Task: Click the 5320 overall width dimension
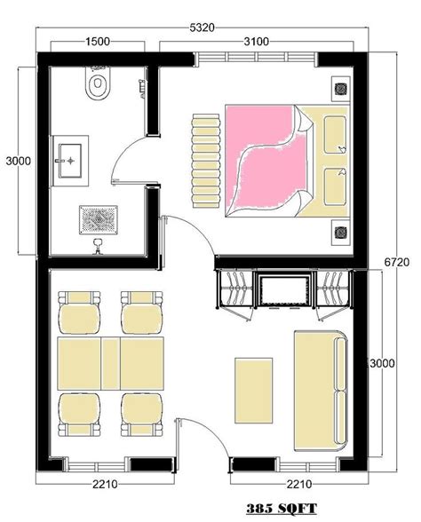(202, 28)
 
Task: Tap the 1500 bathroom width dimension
(98, 42)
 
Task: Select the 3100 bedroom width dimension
(256, 42)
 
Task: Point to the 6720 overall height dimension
(397, 262)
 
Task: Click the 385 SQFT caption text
(282, 509)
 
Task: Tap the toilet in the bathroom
(98, 83)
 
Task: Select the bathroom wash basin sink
(70, 161)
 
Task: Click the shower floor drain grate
(99, 220)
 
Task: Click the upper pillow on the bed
(335, 135)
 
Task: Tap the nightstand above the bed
(341, 89)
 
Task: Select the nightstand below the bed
(341, 233)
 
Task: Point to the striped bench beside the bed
(206, 161)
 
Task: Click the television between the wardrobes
(283, 290)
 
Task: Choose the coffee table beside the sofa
(254, 391)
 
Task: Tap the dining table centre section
(110, 363)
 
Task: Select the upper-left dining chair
(79, 312)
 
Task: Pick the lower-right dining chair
(142, 415)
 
